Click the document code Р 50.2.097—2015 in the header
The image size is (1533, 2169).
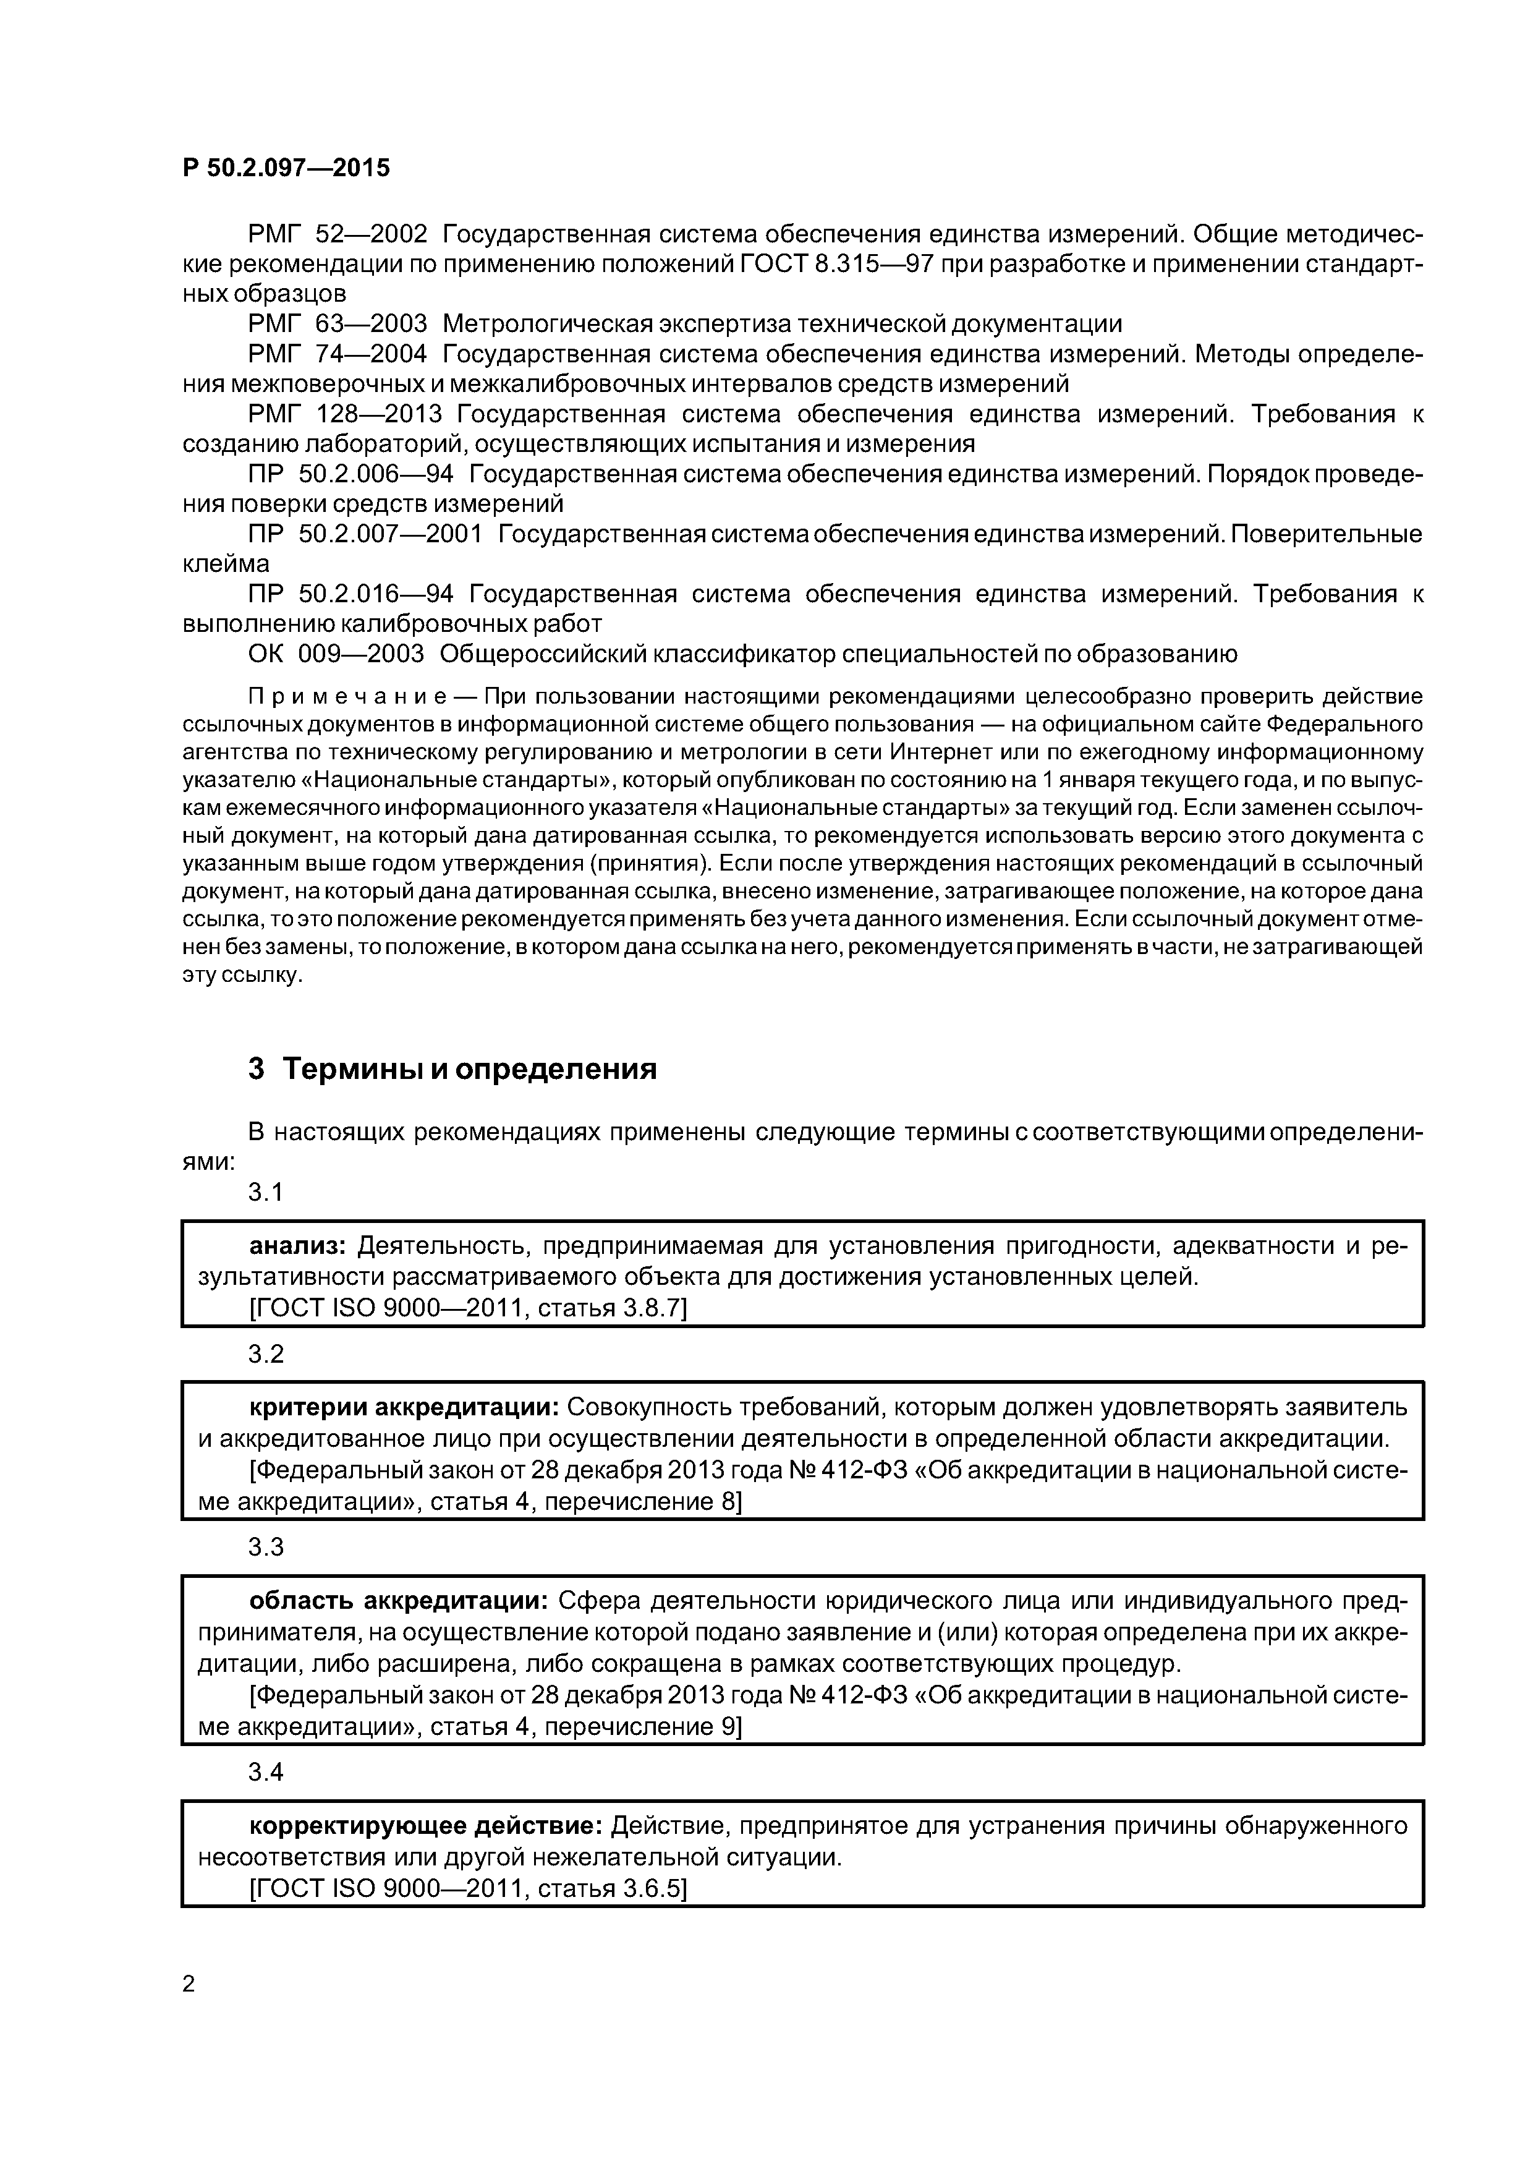(285, 168)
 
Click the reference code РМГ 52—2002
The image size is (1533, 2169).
(338, 233)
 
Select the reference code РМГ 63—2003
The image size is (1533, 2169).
(338, 324)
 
